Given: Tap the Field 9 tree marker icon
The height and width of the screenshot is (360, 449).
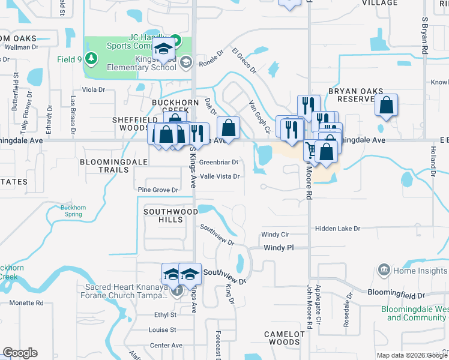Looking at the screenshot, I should coord(91,58).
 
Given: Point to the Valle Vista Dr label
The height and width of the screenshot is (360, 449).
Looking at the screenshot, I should coord(220,176).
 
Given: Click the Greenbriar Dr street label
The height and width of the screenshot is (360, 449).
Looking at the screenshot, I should coord(218,162).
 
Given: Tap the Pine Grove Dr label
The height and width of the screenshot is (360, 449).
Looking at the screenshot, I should coord(158,190).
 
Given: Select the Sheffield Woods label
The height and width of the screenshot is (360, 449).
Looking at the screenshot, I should coord(130,124).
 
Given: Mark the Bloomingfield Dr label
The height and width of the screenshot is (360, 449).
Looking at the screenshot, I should coord(396,296).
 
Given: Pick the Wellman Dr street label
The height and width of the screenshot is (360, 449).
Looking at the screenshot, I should coord(22,46).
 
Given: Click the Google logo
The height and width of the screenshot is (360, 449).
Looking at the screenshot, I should coord(20,353).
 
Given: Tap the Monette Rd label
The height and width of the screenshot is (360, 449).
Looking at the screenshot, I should coord(26,303).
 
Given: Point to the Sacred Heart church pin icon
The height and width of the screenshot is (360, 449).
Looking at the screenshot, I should coord(176,292).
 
